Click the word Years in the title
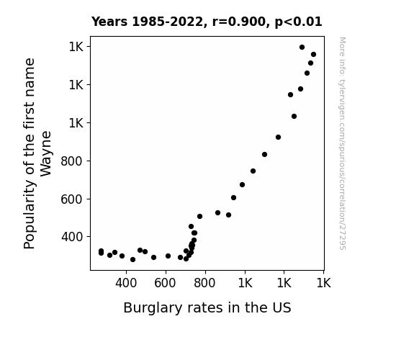tap(109, 22)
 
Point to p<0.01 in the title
tap(298, 22)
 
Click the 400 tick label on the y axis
tap(72, 237)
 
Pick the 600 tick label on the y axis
tap(72, 199)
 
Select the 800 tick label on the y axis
tap(72, 161)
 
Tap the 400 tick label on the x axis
tap(126, 283)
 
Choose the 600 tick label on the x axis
tap(165, 283)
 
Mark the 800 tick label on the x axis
tap(204, 283)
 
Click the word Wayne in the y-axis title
tap(46, 153)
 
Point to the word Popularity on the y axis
tap(29, 215)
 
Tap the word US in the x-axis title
tap(282, 307)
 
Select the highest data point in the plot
tap(302, 48)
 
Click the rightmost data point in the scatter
tap(313, 55)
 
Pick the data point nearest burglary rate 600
tap(168, 256)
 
